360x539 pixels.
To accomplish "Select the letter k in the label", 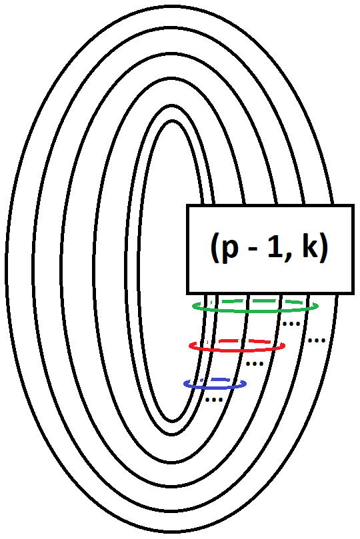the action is pos(308,248).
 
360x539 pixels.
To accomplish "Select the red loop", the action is pos(237,350).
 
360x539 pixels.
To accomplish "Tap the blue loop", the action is pos(215,387).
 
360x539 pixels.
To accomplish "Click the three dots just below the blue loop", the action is pos(213,400).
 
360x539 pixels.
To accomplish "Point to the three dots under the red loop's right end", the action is pos(255,364).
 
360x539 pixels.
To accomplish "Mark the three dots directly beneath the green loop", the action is pos(290,324).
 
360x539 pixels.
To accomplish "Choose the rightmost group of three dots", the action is pos(316,340).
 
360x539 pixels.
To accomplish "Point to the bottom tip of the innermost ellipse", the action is pos(172,420).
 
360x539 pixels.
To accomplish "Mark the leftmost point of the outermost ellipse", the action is pos(7,270).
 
